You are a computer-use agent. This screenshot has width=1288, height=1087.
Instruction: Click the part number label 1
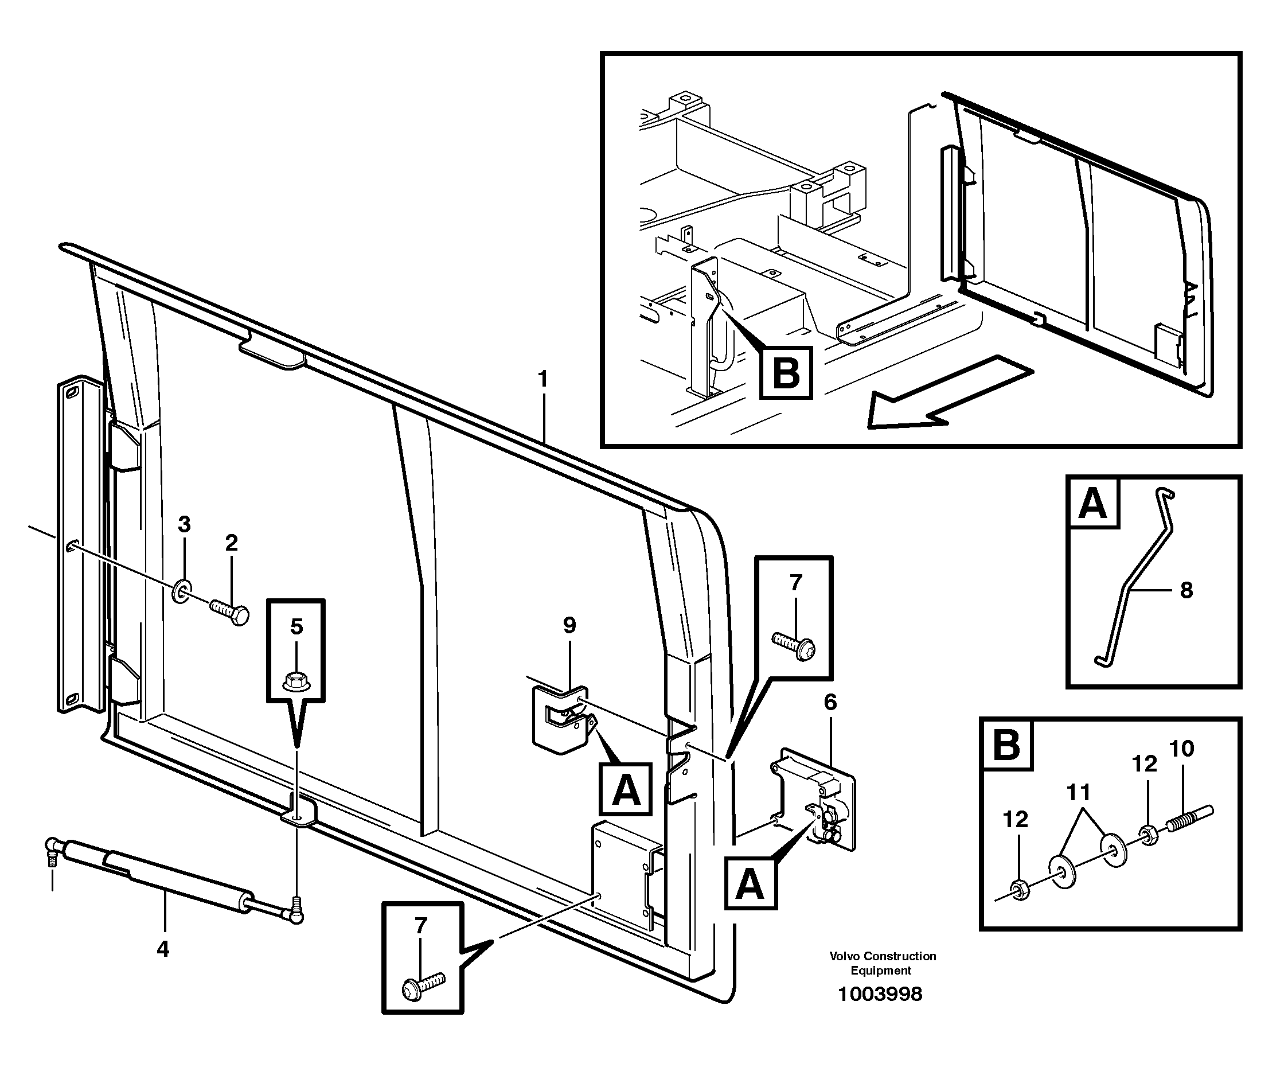point(542,379)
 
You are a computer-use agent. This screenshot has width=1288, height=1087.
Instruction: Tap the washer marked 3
point(182,591)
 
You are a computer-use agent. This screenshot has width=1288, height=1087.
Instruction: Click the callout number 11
point(1078,793)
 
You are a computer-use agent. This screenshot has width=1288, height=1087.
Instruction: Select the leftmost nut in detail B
point(1020,891)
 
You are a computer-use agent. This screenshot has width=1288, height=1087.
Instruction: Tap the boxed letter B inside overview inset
point(786,372)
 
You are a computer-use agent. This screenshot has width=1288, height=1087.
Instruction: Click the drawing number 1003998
point(880,994)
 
